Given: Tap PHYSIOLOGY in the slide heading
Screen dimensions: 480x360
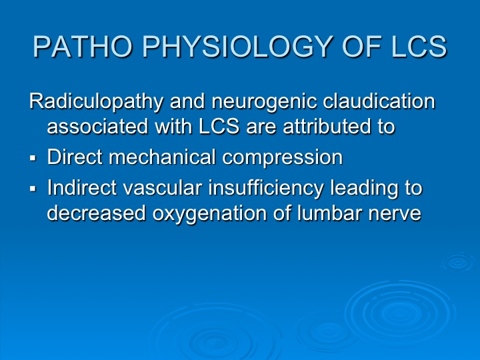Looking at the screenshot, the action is [x=237, y=47].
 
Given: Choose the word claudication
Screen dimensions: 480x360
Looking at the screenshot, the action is [x=379, y=101].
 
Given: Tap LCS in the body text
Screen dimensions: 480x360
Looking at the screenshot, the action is [x=219, y=126].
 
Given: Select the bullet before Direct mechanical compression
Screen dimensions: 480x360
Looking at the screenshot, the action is [x=33, y=158].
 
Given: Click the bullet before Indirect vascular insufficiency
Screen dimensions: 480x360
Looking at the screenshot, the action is [x=33, y=189].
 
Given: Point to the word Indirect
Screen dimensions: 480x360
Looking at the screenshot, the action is [x=82, y=187].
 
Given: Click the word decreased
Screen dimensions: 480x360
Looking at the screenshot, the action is [x=97, y=213].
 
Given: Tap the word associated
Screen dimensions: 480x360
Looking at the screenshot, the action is [x=97, y=126].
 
